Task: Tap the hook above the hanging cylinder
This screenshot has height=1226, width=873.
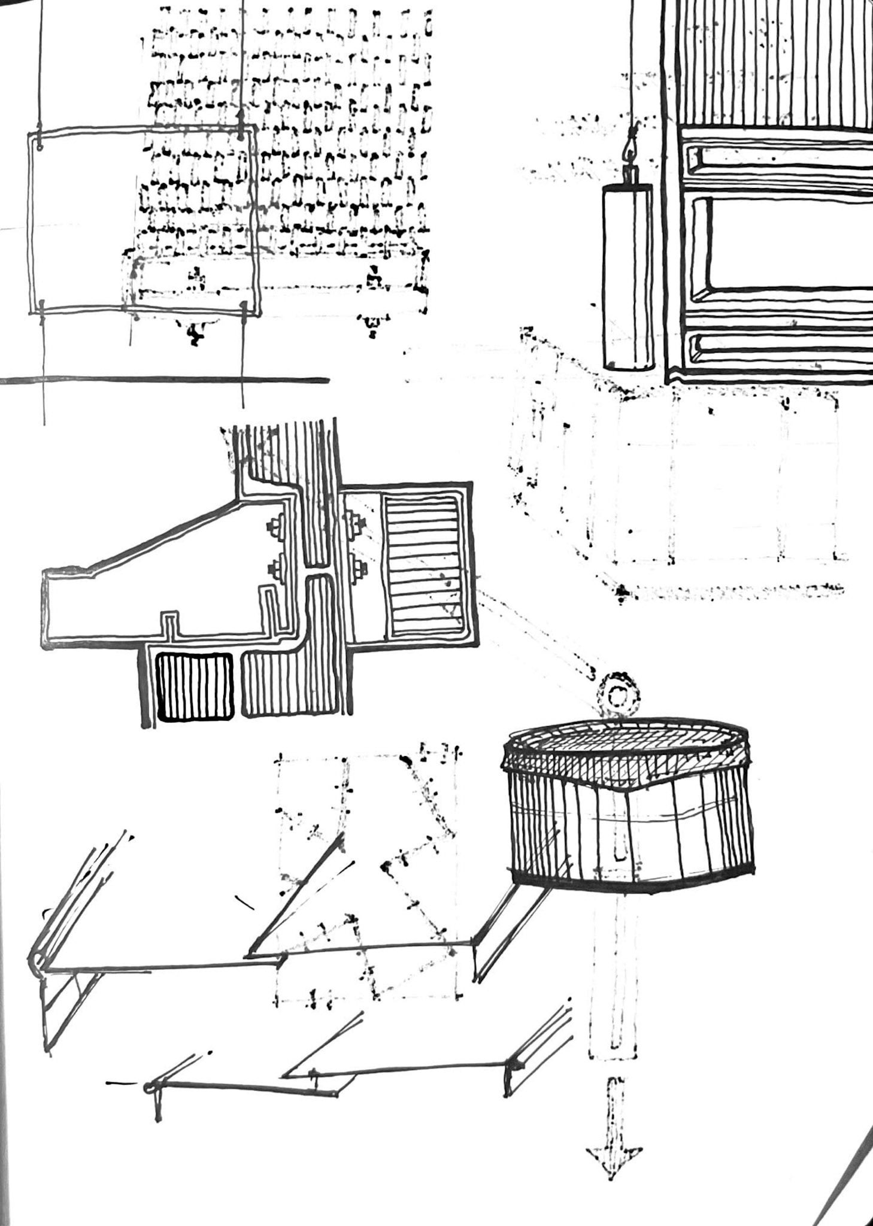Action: [x=630, y=147]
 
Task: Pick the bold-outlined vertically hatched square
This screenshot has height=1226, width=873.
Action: [x=194, y=685]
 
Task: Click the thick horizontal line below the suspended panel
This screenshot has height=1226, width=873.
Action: [x=165, y=380]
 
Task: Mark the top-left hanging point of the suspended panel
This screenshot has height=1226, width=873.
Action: [x=40, y=142]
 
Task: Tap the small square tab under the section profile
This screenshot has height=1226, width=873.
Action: [x=170, y=623]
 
